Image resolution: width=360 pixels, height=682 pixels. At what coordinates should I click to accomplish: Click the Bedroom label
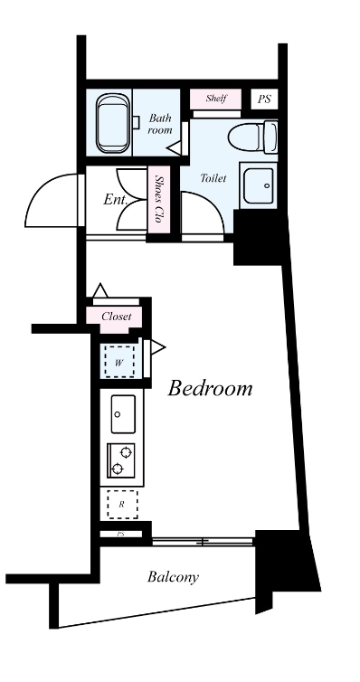(210, 388)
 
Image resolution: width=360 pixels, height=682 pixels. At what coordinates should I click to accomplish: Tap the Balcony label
(173, 577)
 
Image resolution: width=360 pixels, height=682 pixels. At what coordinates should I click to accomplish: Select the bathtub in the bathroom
(114, 123)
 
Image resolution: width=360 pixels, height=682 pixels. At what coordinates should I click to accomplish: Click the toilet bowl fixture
(253, 137)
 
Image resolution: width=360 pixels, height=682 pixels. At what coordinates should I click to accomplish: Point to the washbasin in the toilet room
(259, 185)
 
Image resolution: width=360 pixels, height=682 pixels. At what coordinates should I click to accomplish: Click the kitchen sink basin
(123, 414)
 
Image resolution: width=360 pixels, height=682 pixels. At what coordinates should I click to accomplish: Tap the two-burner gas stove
(121, 460)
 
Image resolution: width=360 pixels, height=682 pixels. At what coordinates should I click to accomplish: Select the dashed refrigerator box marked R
(123, 505)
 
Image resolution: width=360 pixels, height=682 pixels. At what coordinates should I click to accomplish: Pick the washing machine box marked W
(119, 362)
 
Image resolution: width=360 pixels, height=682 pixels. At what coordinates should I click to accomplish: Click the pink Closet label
(116, 317)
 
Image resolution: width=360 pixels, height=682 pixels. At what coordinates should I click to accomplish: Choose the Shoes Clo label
(158, 200)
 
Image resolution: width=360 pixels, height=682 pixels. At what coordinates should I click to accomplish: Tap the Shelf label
(215, 99)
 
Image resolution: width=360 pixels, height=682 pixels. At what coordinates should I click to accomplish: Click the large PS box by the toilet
(264, 99)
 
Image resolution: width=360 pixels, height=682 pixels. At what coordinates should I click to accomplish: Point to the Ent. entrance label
(115, 200)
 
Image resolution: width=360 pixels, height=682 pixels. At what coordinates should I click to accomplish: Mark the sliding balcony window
(203, 542)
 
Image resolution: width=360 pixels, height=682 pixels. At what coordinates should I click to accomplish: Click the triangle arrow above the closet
(101, 290)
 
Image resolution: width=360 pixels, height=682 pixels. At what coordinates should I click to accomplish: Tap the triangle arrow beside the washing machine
(158, 347)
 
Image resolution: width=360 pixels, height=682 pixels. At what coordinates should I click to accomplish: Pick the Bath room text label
(160, 124)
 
